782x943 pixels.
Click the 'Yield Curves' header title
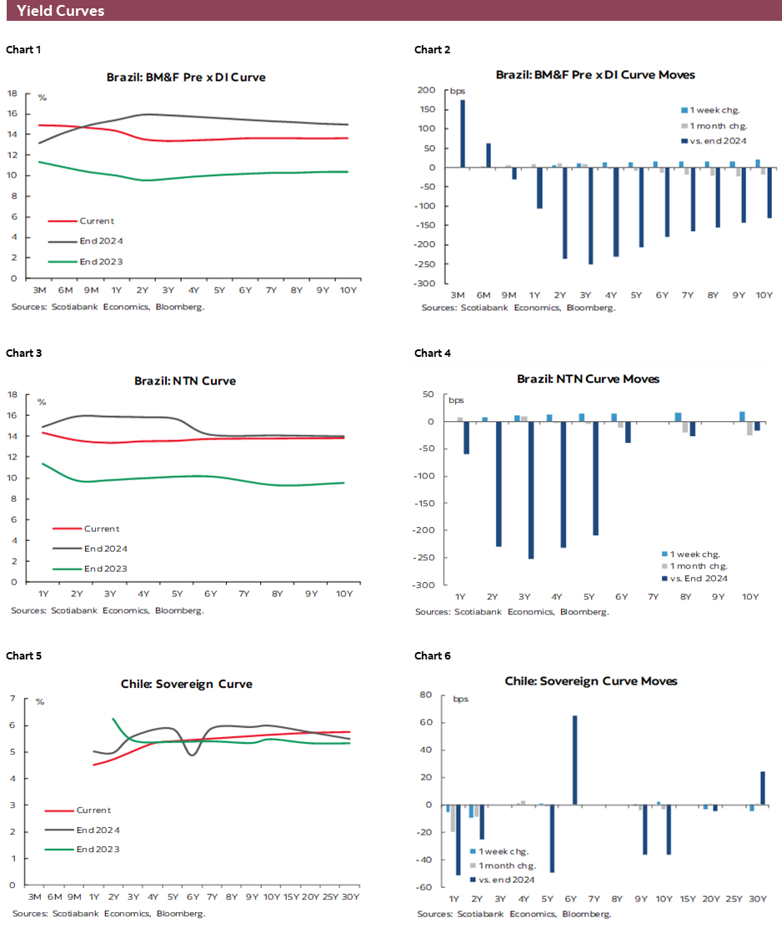[x=60, y=11]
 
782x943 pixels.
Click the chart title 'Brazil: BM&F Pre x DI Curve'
[x=186, y=77]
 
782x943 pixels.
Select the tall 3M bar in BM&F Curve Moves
[x=463, y=133]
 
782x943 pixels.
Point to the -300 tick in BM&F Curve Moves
[x=425, y=283]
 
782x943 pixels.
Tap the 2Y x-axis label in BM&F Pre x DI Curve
[x=142, y=291]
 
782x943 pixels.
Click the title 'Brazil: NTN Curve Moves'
[x=588, y=379]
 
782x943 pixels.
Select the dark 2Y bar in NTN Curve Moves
[x=499, y=484]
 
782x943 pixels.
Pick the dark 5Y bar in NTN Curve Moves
[x=595, y=478]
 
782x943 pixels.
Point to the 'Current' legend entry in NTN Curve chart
[x=100, y=529]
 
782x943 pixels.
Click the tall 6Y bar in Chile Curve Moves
[x=574, y=760]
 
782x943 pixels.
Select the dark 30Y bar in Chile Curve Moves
[x=762, y=788]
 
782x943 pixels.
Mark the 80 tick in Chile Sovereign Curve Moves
[x=425, y=695]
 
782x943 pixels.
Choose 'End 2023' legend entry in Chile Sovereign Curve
[x=98, y=849]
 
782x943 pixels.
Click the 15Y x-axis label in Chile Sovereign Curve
[x=290, y=897]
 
